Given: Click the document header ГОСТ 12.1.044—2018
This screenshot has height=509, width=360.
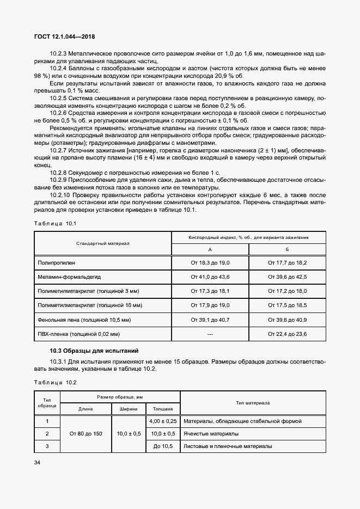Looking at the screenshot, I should pyautogui.click(x=65, y=36).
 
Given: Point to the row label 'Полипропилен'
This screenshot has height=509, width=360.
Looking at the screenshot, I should pyautogui.click(x=57, y=262).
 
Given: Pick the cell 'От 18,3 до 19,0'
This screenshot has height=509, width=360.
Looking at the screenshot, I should pyautogui.click(x=210, y=262).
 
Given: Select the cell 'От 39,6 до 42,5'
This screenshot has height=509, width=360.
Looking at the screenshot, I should pyautogui.click(x=287, y=277).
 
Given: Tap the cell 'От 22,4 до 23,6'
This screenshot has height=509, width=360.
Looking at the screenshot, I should pyautogui.click(x=287, y=333).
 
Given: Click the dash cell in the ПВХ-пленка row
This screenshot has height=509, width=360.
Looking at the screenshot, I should pyautogui.click(x=210, y=333).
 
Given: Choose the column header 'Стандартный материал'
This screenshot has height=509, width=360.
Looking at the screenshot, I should pyautogui.click(x=103, y=243).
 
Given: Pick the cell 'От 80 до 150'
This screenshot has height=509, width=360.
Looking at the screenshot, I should pyautogui.click(x=86, y=433).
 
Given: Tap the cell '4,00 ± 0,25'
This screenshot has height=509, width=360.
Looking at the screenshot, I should pyautogui.click(x=162, y=421).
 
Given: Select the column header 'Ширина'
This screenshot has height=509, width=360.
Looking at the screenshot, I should pyautogui.click(x=129, y=408).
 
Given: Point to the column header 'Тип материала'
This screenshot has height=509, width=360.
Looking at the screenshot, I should pyautogui.click(x=253, y=403).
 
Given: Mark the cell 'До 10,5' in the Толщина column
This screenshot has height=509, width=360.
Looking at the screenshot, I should pyautogui.click(x=163, y=446).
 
